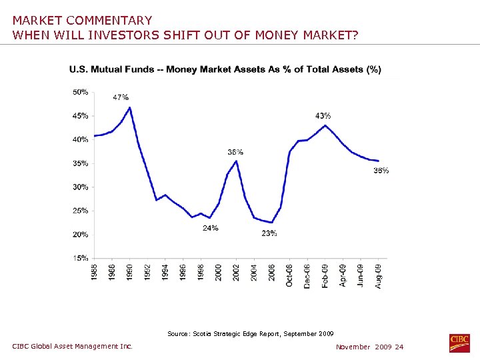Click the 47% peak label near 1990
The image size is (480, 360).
point(121,97)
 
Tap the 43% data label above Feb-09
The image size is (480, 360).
point(323,116)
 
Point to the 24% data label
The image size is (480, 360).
point(211,228)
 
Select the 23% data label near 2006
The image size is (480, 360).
point(269,233)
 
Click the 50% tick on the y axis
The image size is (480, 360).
point(80,92)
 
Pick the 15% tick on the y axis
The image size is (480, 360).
point(80,258)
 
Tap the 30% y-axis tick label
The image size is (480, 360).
point(80,187)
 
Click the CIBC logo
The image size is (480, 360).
point(459,343)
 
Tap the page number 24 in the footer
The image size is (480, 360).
point(399,347)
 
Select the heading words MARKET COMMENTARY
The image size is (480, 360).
point(82,21)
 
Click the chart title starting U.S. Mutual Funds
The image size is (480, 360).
point(225,70)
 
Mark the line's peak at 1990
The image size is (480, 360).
point(129,107)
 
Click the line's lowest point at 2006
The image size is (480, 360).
point(271,223)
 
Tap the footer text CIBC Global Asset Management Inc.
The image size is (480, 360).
point(73,346)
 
